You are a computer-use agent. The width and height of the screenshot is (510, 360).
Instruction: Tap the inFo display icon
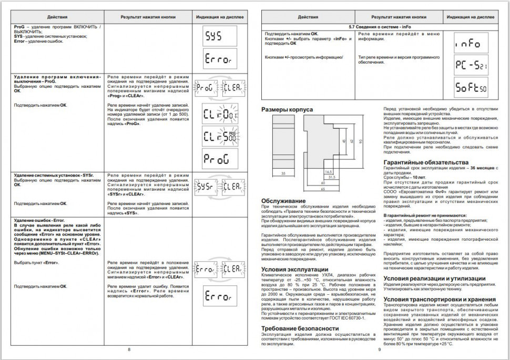471,44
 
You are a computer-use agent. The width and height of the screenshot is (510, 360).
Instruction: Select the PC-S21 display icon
471,65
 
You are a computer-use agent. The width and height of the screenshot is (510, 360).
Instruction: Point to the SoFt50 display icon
471,87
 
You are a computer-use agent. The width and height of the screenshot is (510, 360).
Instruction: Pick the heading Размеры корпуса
287,109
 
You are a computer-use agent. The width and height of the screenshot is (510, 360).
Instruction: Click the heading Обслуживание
283,201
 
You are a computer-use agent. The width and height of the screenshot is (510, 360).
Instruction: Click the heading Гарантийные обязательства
426,162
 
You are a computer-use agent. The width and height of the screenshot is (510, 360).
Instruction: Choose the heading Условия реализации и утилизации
435,278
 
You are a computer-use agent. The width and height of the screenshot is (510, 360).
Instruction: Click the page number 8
128,349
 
